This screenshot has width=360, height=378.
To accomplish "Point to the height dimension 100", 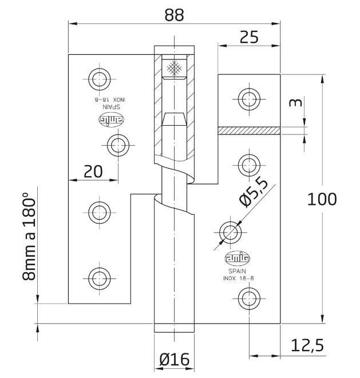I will (322, 199).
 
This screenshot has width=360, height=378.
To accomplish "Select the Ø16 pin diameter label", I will (174, 360).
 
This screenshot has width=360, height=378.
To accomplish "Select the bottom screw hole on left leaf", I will (98, 277).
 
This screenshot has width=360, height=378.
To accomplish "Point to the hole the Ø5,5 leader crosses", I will (231, 232).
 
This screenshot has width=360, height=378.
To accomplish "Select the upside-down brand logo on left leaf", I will (108, 120).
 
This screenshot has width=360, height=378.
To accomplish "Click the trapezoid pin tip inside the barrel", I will (173, 120).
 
